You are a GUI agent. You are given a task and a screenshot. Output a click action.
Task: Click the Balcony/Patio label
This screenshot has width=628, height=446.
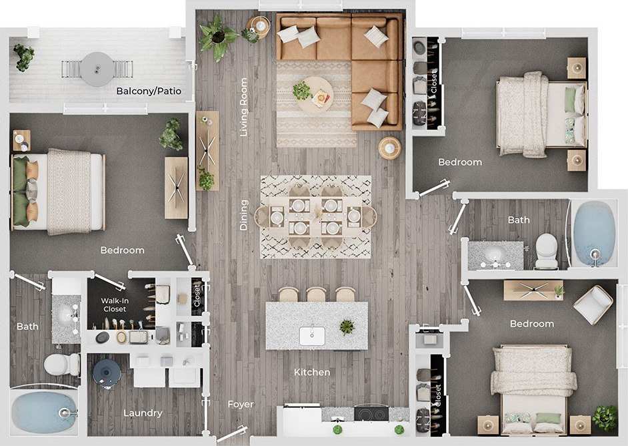[149, 91]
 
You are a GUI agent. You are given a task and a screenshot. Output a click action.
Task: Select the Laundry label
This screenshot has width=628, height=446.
[143, 413]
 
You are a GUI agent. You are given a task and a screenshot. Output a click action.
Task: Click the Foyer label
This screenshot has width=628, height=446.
[241, 404]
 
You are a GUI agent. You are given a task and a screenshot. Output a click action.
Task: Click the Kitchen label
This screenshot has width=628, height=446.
[312, 372]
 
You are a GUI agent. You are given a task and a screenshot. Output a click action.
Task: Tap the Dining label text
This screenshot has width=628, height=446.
[244, 215]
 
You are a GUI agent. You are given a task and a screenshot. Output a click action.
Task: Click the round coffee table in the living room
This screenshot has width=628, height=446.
[314, 94]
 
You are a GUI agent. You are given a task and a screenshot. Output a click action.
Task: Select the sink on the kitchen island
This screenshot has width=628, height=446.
[311, 334]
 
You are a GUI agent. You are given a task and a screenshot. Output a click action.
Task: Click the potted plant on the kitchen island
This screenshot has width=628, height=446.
[347, 326]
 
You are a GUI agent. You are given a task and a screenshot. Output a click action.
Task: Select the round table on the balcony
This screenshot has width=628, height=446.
[97, 68]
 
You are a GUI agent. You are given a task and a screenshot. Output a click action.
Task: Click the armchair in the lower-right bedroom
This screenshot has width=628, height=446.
[593, 304]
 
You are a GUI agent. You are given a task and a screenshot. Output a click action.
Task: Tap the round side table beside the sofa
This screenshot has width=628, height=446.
[389, 148]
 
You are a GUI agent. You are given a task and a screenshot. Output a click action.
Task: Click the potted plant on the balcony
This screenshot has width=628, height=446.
[23, 56]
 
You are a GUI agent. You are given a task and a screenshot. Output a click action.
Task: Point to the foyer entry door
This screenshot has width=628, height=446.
[231, 435]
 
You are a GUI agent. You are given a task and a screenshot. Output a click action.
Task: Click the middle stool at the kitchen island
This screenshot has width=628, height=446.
[316, 294]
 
